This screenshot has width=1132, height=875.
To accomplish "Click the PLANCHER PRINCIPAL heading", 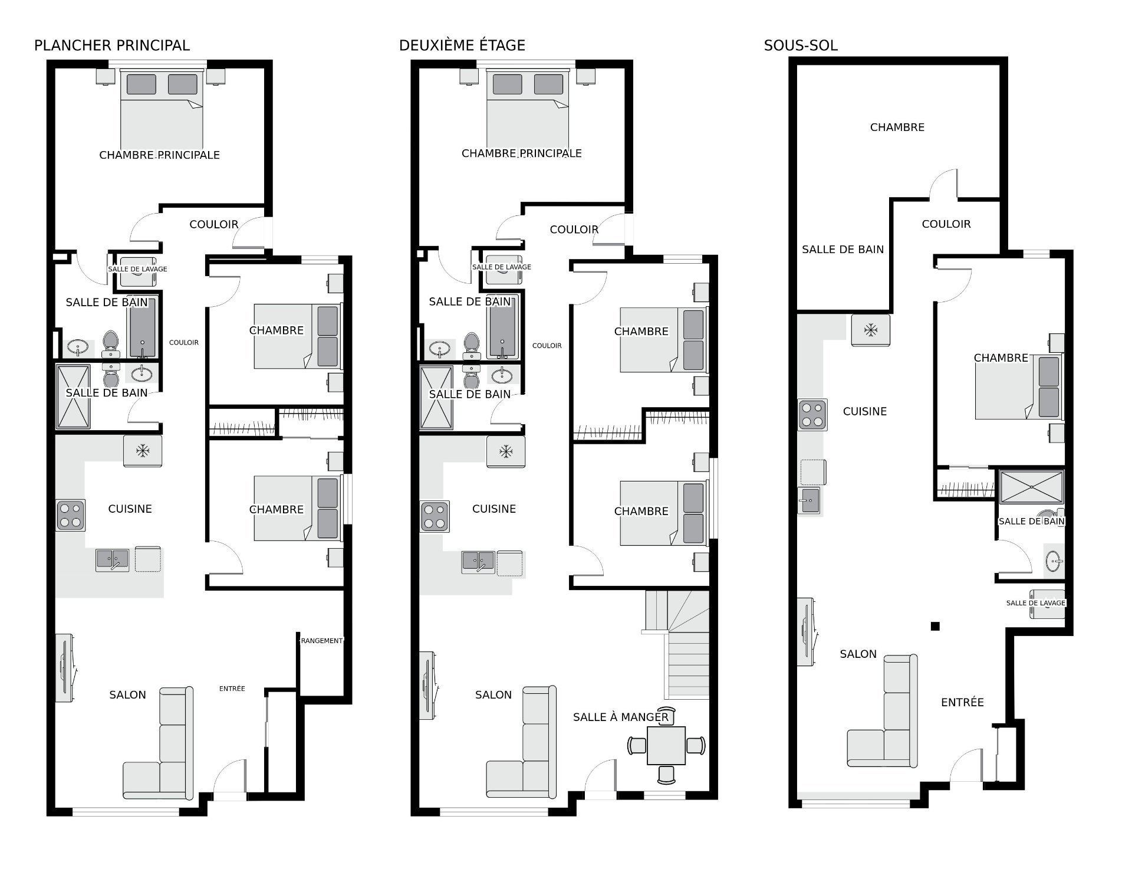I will [112, 45].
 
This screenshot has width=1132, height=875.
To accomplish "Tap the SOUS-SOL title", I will [800, 45].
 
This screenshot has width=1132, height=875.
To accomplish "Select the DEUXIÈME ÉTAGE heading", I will [462, 45].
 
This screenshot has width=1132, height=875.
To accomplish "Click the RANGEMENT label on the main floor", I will [321, 641].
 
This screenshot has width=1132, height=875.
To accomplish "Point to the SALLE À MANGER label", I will [620, 717].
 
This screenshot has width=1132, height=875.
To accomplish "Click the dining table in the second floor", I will [666, 746].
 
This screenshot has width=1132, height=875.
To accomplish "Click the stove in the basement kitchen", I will [812, 415].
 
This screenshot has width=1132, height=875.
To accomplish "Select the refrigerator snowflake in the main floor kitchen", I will [143, 451].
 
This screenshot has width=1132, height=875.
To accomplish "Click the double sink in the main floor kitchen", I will [113, 559].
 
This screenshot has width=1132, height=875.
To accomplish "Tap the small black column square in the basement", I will [934, 626].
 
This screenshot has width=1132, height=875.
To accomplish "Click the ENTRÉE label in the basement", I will [962, 702].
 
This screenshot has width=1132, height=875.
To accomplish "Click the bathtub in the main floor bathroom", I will [142, 327].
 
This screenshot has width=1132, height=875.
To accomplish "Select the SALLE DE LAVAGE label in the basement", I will [1035, 603].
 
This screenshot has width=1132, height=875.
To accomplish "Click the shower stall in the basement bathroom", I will [1031, 487].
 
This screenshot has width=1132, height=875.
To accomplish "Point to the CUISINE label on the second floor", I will [493, 509].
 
